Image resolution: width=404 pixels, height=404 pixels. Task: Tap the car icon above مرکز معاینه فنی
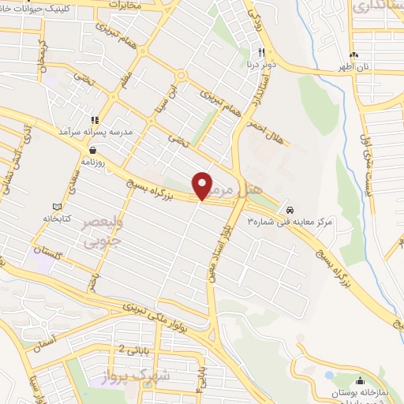click(x=291, y=210)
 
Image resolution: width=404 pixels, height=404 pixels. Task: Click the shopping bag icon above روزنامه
click(x=94, y=149)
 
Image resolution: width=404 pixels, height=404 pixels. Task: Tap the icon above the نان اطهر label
click(x=354, y=54)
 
